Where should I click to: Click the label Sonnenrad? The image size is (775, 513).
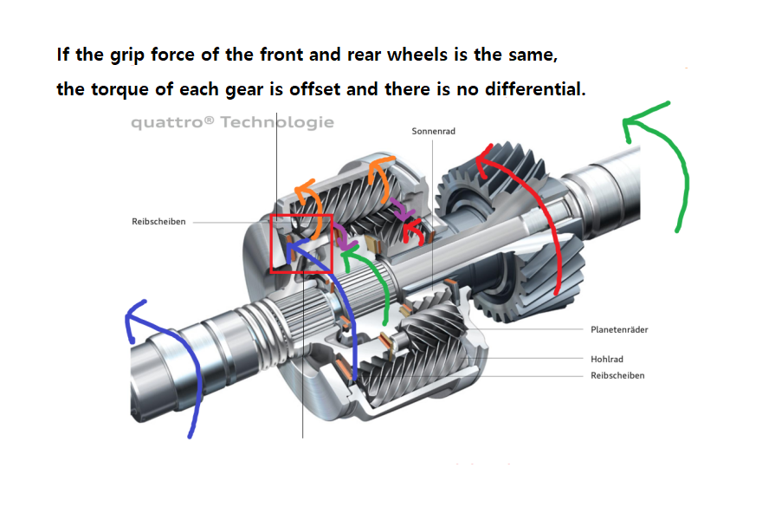click(433, 131)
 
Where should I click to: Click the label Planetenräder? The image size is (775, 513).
click(619, 329)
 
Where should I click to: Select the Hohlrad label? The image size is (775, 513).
click(607, 359)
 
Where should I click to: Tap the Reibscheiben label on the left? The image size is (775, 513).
click(158, 222)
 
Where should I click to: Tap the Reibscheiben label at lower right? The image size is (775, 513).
click(617, 375)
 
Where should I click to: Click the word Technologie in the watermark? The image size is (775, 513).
click(277, 122)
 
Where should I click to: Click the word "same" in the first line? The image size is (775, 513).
click(533, 55)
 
